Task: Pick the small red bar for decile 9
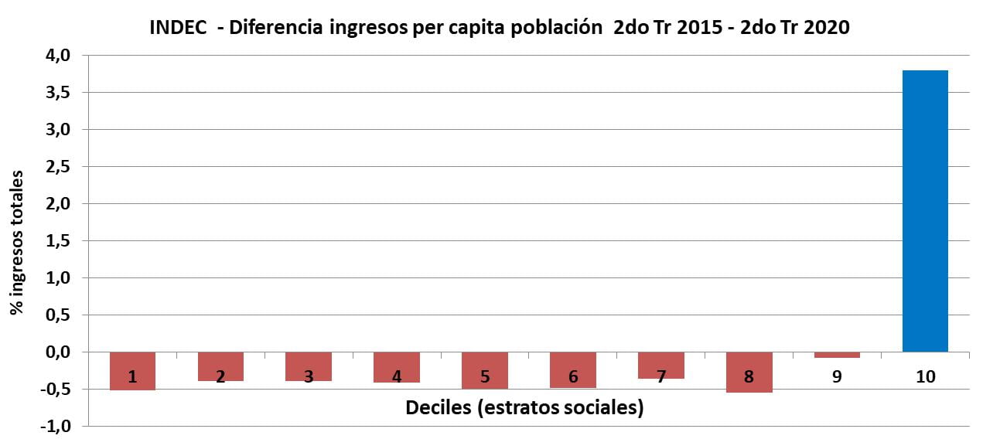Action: point(837,355)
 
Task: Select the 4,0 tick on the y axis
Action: point(60,56)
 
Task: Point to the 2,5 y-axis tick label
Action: point(60,167)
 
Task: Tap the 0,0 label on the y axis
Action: point(60,352)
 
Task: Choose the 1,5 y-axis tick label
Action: point(60,241)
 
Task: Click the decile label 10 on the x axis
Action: point(925,377)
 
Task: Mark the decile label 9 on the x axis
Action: point(837,377)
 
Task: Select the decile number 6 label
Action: point(572,377)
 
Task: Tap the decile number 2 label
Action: point(220,377)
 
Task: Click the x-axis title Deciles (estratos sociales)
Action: point(524,407)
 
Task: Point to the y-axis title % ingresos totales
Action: point(16,242)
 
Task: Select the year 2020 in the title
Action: point(827,28)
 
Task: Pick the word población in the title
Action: point(557,28)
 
